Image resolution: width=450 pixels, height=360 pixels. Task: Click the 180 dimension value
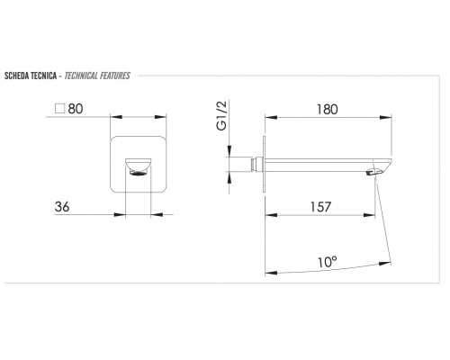click(x=328, y=109)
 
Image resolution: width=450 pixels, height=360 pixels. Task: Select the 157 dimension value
click(x=320, y=207)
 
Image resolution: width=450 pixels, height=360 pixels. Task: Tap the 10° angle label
click(x=328, y=262)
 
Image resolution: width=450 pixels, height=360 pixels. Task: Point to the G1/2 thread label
click(x=221, y=116)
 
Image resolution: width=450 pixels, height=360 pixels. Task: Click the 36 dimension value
click(x=62, y=207)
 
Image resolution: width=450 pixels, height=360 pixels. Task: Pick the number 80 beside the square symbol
click(x=76, y=109)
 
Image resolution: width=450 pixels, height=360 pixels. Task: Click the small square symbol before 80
click(x=60, y=108)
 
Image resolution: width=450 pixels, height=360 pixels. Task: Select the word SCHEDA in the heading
click(x=16, y=76)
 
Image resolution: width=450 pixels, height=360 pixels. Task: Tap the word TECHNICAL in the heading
click(x=81, y=76)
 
